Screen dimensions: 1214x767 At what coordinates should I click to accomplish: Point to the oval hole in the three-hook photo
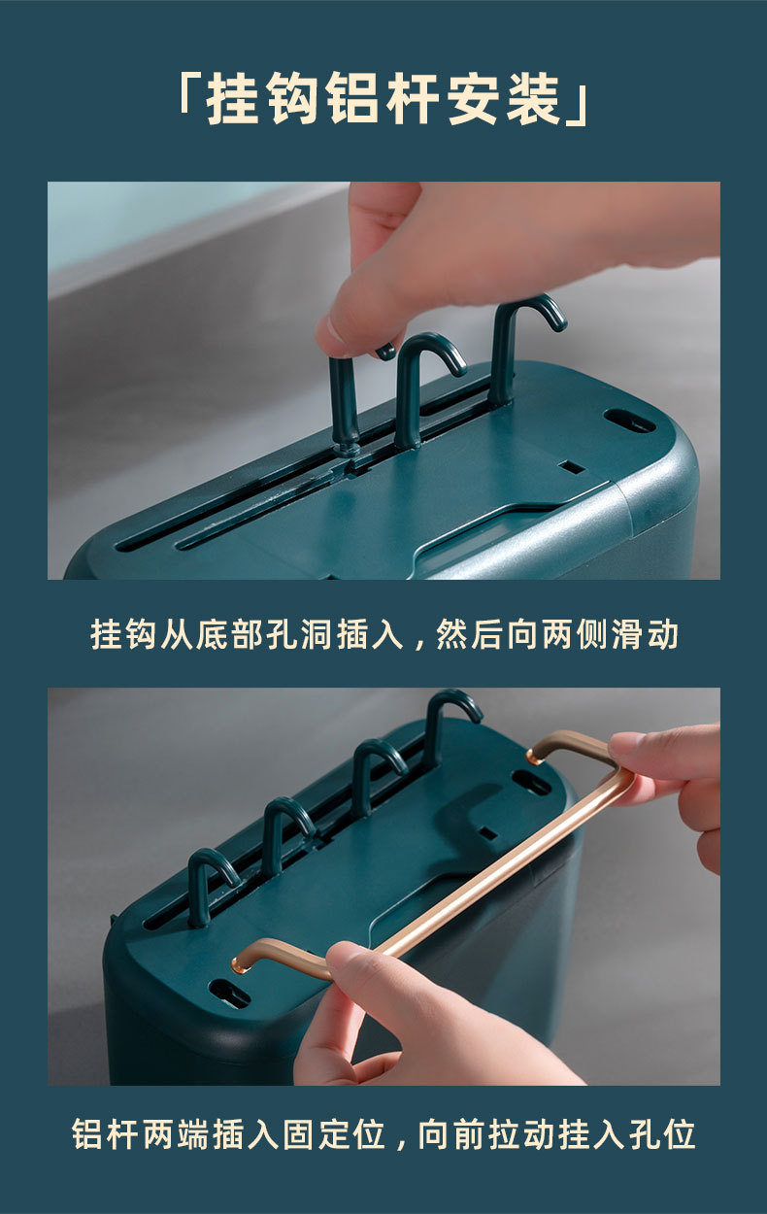pyautogui.click(x=629, y=421)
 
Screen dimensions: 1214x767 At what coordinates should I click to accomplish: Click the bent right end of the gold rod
pyautogui.click(x=563, y=746)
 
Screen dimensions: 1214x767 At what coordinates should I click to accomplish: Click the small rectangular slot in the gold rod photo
pyautogui.click(x=486, y=833)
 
